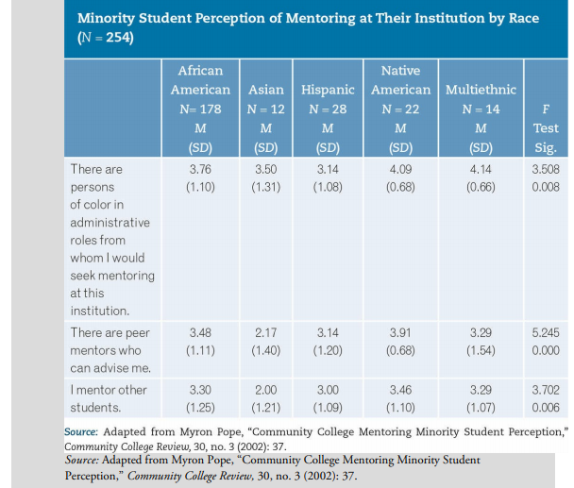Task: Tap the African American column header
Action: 200,80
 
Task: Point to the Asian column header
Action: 265,90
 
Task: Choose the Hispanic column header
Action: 328,90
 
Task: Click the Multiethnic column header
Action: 481,90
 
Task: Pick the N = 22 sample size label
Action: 400,109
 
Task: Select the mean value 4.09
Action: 400,169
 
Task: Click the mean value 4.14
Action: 481,169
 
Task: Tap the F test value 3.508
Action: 546,169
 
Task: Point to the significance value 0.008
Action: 546,187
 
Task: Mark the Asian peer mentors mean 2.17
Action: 265,333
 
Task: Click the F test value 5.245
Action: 546,333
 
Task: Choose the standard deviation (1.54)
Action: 481,351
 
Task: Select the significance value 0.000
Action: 546,351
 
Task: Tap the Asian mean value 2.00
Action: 265,389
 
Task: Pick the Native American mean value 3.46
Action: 400,389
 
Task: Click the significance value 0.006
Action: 546,407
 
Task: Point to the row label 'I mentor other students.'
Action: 108,397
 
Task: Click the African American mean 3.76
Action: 200,169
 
